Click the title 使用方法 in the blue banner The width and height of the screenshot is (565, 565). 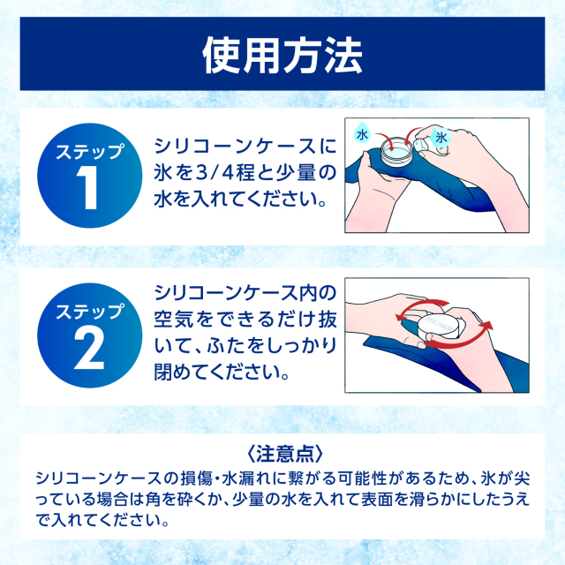tap(282, 55)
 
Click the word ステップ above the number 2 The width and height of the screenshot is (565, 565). tap(91, 311)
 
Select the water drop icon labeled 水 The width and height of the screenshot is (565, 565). tap(361, 135)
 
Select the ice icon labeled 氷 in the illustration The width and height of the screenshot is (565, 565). tap(441, 139)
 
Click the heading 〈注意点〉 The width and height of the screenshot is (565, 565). tap(282, 454)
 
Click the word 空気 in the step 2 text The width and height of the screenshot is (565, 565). tap(173, 316)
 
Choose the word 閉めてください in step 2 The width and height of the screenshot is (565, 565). tap(222, 366)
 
